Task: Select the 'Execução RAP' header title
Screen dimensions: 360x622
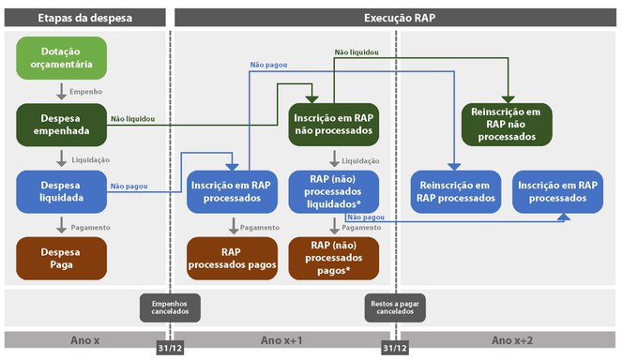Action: (x=394, y=18)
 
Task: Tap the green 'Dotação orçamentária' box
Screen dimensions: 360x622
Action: (x=61, y=56)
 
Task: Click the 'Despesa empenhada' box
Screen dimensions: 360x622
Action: (x=61, y=125)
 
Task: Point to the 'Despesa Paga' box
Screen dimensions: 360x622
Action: (x=61, y=258)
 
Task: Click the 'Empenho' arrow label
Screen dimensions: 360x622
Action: (x=85, y=92)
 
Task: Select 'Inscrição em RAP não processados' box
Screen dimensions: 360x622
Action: (x=334, y=125)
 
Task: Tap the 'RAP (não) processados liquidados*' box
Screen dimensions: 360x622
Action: (x=334, y=191)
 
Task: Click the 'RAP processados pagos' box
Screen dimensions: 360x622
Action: (x=232, y=258)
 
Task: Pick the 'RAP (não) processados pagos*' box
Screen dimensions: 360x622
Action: (x=334, y=258)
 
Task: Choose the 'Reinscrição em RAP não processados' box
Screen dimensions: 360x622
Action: (x=507, y=125)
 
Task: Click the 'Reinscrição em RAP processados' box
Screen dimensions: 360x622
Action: (x=456, y=191)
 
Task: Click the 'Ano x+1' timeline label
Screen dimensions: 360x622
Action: (x=281, y=339)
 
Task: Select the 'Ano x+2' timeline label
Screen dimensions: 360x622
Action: (x=512, y=339)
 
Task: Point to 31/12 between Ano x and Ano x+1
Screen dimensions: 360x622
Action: (x=170, y=349)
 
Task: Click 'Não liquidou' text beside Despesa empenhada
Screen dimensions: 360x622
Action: (x=132, y=119)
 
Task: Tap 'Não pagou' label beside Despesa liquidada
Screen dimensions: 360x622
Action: (x=127, y=186)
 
